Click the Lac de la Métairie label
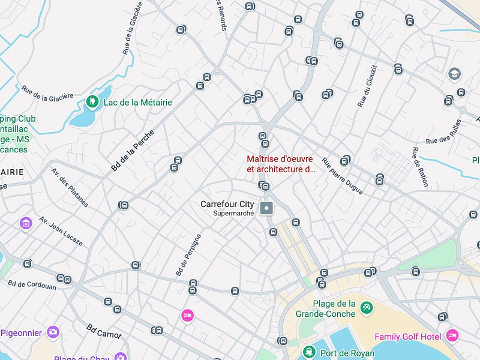(137, 103)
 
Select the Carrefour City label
(227, 205)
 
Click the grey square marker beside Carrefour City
(268, 208)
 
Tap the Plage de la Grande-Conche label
(326, 308)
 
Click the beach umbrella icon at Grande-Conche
(367, 308)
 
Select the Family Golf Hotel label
(407, 337)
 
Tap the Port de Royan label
(347, 353)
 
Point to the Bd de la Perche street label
(133, 150)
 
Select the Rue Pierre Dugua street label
(342, 176)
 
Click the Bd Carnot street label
(104, 332)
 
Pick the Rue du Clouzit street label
(367, 86)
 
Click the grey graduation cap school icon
(455, 74)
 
